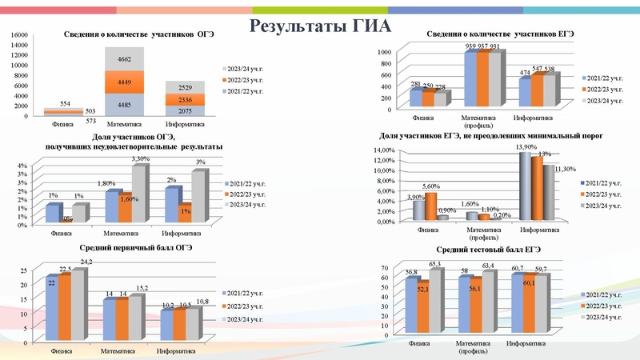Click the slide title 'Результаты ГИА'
point(320,24)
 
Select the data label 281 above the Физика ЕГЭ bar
point(415,83)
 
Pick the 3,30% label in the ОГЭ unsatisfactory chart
point(139,159)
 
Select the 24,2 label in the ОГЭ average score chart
point(85,262)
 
